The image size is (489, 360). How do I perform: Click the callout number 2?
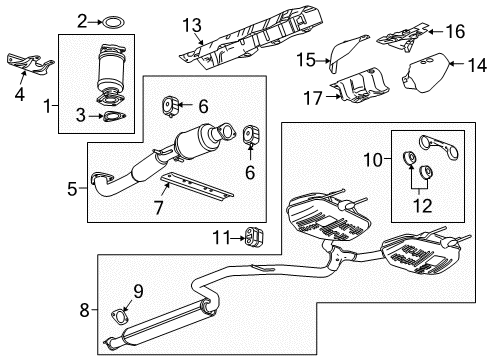point(83,19)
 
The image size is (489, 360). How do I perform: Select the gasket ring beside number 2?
point(115,19)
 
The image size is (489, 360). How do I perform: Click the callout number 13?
point(198,23)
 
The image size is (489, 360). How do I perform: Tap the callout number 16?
point(455,32)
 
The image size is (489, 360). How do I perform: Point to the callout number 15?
point(306,62)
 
